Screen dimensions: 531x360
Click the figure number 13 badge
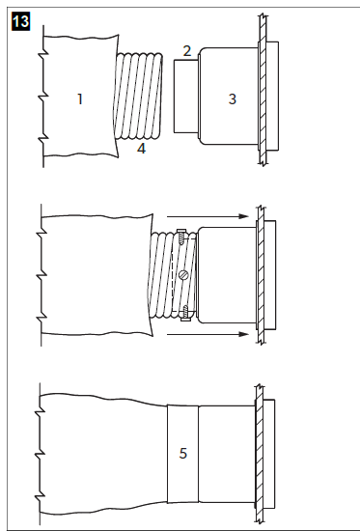tap(19, 20)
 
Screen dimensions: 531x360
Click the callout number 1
tap(81, 98)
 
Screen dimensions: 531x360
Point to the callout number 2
tap(187, 50)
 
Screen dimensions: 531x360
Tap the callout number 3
tap(232, 98)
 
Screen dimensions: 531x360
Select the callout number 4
tap(141, 150)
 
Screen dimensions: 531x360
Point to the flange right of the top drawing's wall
tap(274, 97)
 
